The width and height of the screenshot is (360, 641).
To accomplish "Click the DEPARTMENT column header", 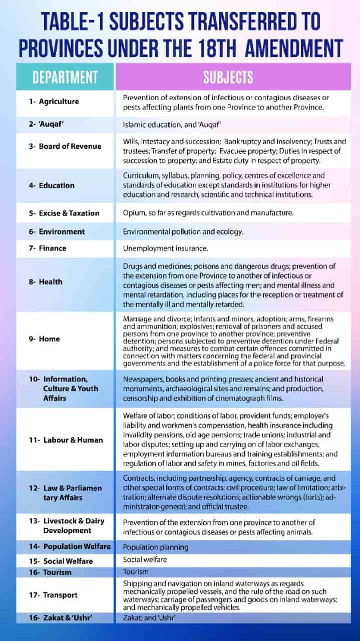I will point(65,77).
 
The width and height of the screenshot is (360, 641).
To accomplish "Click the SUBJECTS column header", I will point(228,77).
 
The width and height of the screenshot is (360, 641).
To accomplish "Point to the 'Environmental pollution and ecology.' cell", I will point(183,231).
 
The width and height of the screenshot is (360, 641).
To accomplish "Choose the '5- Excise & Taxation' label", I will point(64,213).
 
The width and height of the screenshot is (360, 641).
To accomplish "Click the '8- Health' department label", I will point(46,282).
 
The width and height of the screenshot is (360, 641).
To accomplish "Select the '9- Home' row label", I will point(45,339).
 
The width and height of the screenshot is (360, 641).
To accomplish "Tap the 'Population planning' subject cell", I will point(156,547).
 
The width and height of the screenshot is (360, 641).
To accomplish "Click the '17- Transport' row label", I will point(53,595).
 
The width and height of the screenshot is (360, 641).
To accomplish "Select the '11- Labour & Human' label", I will point(66,440).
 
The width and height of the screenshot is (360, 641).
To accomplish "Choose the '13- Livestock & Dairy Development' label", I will point(67,525).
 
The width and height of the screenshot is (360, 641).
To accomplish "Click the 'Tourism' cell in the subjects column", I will point(135,571).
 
